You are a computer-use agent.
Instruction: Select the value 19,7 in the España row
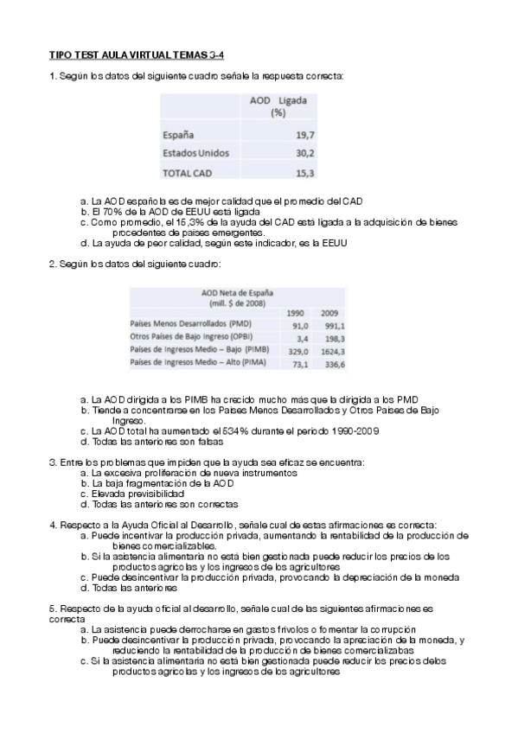click(304, 135)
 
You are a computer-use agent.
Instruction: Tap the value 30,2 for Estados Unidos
click(304, 153)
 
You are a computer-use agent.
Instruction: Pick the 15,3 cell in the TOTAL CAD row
click(304, 172)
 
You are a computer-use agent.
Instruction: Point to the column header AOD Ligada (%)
click(278, 106)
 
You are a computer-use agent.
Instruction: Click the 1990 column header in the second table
click(296, 312)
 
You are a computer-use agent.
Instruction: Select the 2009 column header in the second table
click(330, 312)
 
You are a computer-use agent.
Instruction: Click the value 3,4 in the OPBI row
click(300, 338)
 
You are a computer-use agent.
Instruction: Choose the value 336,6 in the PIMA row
click(330, 365)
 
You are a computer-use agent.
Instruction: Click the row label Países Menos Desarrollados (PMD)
click(184, 325)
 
